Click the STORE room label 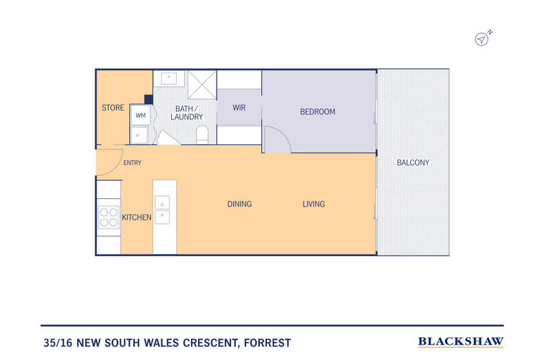click(x=112, y=108)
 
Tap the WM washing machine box click(x=141, y=115)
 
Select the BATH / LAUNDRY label click(x=186, y=113)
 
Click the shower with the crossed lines click(x=202, y=84)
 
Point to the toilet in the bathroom click(x=202, y=135)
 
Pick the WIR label click(x=239, y=108)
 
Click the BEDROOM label click(x=317, y=112)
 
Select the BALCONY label click(x=413, y=162)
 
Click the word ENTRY click(x=132, y=163)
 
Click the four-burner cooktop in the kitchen click(x=108, y=217)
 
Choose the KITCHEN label click(x=137, y=218)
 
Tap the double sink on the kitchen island click(x=162, y=210)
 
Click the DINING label click(x=239, y=204)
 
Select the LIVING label click(x=313, y=204)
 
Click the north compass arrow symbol click(x=482, y=39)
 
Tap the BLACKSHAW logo click(x=461, y=342)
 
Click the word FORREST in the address click(x=267, y=343)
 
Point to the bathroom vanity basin click(x=169, y=78)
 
